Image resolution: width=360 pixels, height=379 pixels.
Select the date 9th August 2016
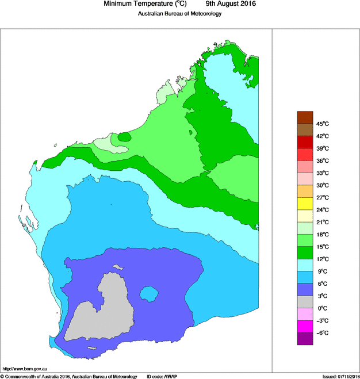228,4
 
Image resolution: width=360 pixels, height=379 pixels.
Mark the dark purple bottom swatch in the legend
305,339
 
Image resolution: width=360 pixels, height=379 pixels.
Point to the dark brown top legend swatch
305,117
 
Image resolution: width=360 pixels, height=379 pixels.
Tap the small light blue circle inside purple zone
150,294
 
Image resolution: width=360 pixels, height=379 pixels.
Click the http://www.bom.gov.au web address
24,369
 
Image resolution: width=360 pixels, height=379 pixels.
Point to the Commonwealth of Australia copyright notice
69,376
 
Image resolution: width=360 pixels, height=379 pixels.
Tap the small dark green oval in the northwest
124,137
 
